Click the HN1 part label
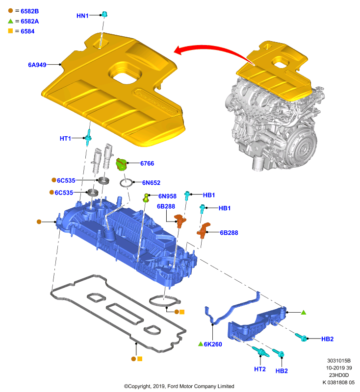pos(82,16)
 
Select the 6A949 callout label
pos(37,65)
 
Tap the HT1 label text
pos(65,139)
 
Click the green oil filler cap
pos(122,164)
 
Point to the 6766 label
pos(147,164)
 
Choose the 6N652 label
pos(151,183)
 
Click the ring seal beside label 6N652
pos(127,183)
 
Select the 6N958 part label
pos(167,196)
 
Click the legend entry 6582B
pos(30,11)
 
